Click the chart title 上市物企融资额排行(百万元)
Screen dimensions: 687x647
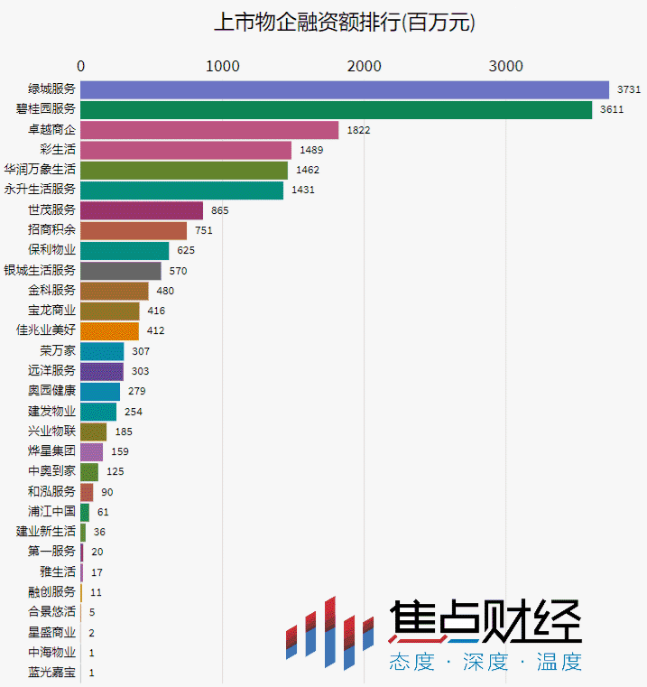344,23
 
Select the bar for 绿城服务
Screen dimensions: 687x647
345,89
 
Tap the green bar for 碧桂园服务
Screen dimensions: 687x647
336,109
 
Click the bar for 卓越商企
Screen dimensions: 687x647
209,130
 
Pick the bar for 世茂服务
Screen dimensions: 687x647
142,210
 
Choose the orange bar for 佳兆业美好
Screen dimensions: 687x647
110,330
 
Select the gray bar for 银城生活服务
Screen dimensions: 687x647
121,271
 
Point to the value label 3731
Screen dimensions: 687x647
629,89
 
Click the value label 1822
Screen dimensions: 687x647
358,130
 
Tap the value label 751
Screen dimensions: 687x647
204,231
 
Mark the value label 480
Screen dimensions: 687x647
165,291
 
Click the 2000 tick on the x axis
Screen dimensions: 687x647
364,65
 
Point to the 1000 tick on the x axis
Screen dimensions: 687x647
222,65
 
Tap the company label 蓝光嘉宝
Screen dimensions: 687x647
51,673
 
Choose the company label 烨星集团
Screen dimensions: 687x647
51,451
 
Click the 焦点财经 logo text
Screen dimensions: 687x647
485,624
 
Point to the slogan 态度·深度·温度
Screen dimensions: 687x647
485,663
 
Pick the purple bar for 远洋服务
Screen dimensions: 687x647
102,371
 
